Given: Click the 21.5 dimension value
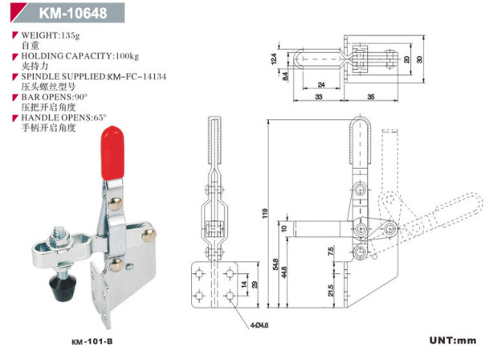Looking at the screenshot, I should coord(332,288).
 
